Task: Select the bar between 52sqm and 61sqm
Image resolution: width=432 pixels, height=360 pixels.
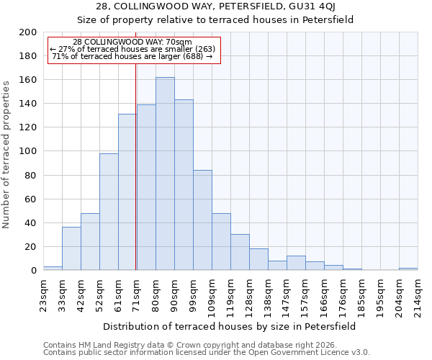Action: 109,212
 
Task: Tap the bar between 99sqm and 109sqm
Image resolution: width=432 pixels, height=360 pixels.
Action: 202,220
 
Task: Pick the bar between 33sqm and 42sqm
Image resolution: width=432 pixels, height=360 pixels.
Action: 71,248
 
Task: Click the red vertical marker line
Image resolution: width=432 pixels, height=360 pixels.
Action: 135,166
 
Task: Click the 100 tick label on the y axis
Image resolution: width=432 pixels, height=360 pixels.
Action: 28,151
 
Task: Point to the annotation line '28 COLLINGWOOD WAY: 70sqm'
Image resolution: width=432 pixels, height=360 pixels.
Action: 132,42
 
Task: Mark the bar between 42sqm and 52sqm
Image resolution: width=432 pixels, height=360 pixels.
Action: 90,242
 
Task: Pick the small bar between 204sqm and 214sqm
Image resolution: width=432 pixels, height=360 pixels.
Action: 408,269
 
